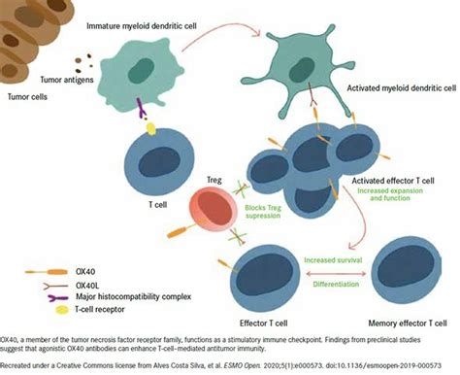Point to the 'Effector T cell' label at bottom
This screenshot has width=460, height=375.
click(265, 316)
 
